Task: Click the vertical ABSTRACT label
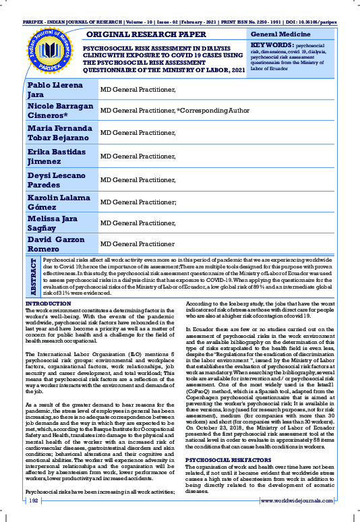coord(33,276)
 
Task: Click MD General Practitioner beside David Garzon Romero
coord(138,243)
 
